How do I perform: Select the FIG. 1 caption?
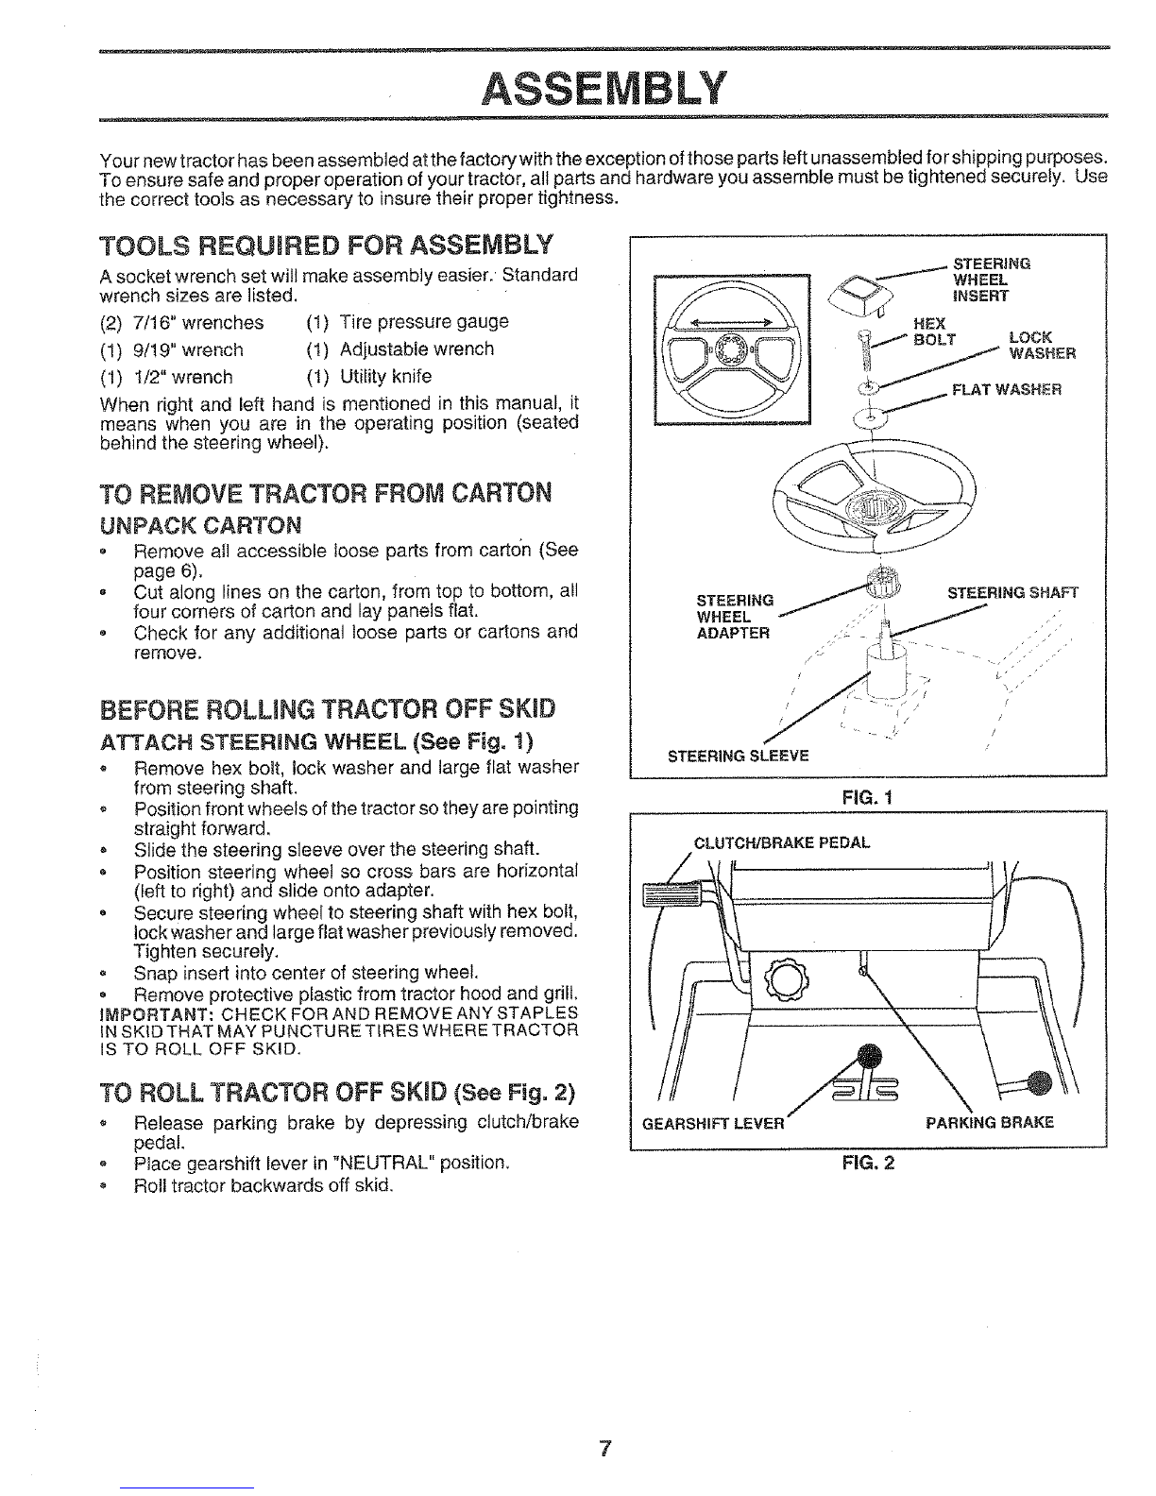point(868,798)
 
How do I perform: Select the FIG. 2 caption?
point(868,1163)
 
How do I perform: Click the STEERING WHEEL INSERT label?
point(992,280)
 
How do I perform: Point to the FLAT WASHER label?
point(1007,390)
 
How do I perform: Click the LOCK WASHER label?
point(1042,346)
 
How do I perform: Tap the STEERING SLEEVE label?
point(738,756)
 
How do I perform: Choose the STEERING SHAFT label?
point(1012,593)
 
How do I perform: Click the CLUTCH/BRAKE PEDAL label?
point(781,842)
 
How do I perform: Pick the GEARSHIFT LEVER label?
point(713,1124)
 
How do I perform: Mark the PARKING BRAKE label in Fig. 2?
point(990,1123)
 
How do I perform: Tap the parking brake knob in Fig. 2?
point(1039,1083)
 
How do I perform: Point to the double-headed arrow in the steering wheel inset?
point(730,321)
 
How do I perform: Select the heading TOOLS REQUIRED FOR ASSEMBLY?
point(327,246)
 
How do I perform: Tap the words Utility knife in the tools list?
point(385,377)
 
